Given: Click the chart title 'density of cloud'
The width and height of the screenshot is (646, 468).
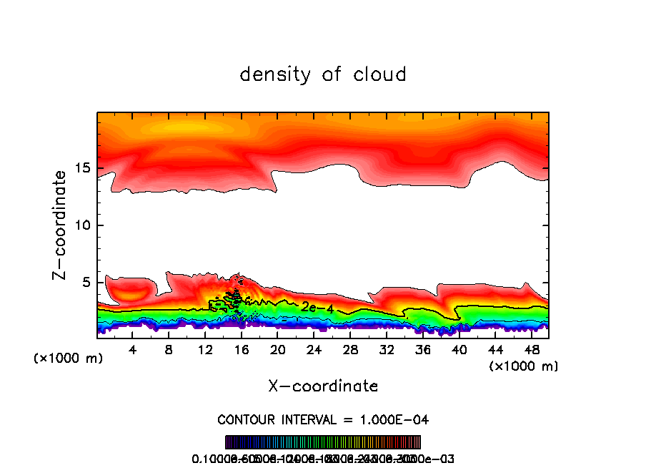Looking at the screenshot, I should click(323, 74).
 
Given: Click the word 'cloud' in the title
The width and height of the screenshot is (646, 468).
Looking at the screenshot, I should click(379, 74).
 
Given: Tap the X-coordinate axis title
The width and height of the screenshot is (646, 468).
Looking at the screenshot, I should click(323, 386).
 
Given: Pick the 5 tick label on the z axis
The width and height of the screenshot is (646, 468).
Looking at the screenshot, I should click(84, 283).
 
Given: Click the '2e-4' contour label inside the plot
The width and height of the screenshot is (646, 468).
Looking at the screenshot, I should click(317, 307).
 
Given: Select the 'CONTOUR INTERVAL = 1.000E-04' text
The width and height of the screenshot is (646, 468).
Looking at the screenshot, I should click(323, 419).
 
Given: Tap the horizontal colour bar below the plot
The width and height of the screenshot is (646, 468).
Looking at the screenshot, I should click(323, 442).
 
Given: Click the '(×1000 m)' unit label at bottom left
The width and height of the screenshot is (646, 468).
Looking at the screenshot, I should click(68, 359).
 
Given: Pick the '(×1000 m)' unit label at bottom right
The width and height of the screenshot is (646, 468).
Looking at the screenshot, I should click(523, 366).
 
